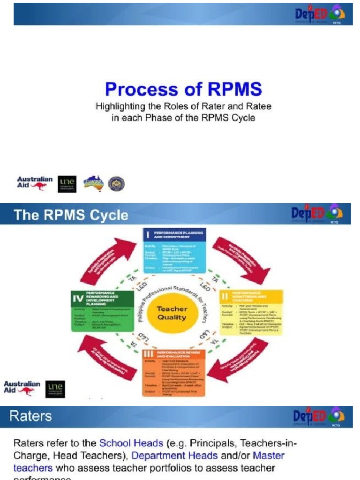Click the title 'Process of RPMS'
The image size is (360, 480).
(183, 89)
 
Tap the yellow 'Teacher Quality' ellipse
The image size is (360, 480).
(172, 313)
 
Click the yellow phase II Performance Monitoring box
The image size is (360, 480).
(251, 312)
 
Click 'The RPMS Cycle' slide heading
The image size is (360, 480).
(71, 215)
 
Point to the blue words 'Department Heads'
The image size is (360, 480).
(174, 455)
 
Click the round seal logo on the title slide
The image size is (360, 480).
(116, 184)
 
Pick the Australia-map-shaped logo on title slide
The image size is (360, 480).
(93, 183)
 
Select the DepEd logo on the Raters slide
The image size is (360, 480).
(319, 416)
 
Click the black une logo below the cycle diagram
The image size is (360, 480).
(55, 389)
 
